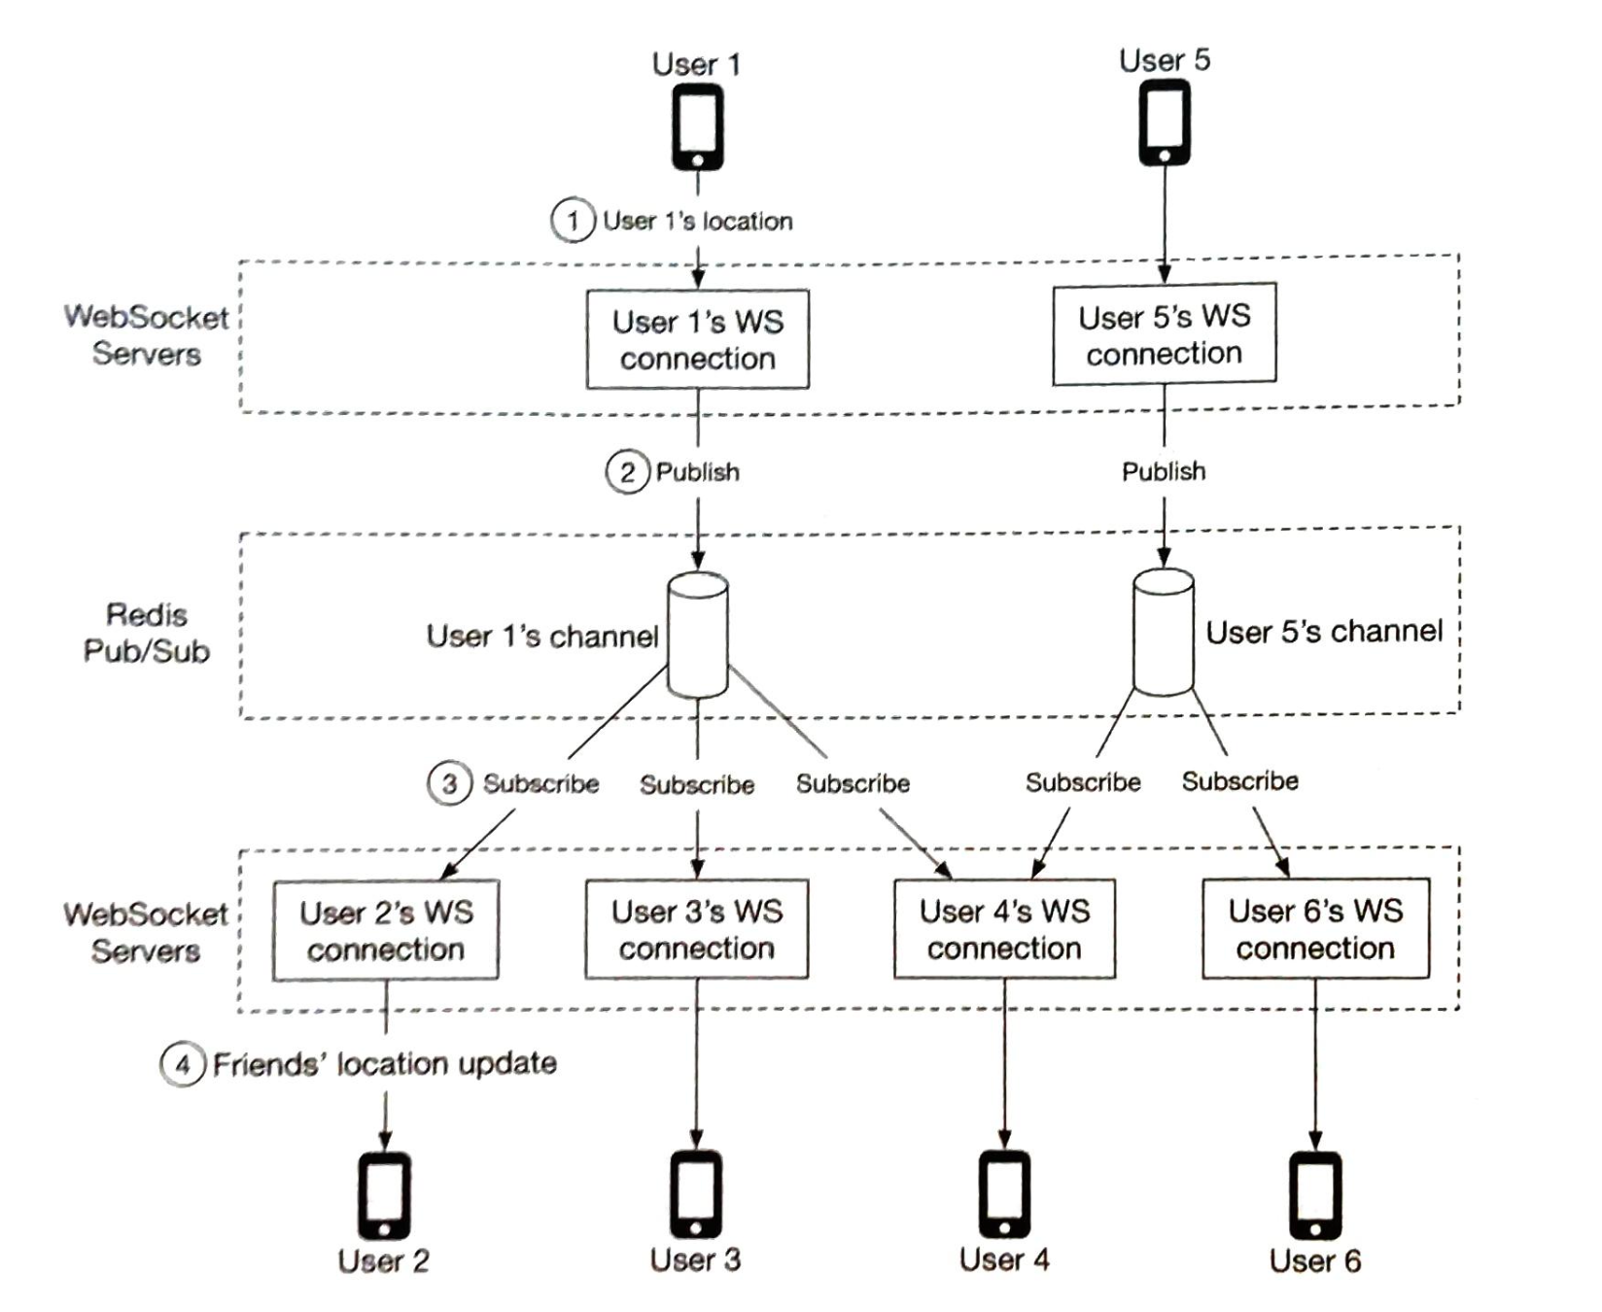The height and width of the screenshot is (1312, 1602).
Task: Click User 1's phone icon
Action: click(698, 127)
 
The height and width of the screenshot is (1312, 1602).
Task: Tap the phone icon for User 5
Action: click(1164, 122)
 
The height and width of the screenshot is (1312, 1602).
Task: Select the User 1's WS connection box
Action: click(698, 340)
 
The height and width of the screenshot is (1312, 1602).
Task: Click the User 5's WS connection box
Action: click(1164, 334)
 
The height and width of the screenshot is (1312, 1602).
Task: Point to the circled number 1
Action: click(573, 221)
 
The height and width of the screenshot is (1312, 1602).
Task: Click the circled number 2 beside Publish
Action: click(627, 472)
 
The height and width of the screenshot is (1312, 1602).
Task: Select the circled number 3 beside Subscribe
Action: click(449, 783)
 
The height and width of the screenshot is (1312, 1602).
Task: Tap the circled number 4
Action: click(182, 1064)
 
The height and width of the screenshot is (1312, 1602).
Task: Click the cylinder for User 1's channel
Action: click(698, 635)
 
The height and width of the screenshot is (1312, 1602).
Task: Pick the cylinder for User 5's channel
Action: click(1164, 632)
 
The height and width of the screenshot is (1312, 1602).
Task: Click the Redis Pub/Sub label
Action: click(147, 633)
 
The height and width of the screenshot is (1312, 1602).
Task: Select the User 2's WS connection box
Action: click(386, 931)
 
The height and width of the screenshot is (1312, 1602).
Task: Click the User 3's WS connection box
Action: click(697, 930)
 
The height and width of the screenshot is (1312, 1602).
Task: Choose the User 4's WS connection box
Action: click(1004, 930)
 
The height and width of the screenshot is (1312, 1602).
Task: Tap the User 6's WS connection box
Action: click(1315, 929)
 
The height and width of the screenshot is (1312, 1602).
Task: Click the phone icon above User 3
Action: click(696, 1194)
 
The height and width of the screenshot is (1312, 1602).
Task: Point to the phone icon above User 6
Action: click(1315, 1195)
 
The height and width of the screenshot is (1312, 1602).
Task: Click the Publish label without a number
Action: click(1164, 471)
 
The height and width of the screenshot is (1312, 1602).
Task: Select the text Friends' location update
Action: click(385, 1064)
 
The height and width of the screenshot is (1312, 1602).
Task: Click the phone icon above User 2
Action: click(385, 1195)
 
